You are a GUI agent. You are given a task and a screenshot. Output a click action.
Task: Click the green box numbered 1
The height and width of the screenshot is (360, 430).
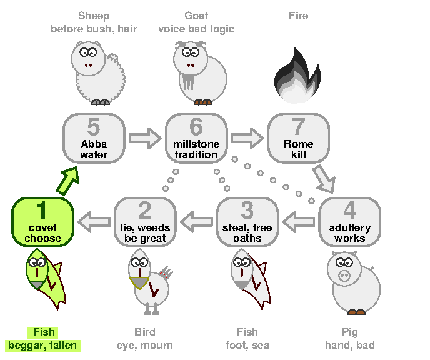42,222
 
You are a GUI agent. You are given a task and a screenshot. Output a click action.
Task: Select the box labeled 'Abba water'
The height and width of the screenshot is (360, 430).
94,139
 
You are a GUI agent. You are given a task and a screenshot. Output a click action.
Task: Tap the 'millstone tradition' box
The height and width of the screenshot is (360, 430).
196,139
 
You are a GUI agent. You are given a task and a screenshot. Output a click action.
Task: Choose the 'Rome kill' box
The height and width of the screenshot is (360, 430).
299,139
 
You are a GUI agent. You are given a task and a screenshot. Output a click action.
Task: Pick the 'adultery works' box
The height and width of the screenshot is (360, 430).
349,222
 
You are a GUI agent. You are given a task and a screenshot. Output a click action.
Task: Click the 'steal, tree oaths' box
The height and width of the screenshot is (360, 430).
247,222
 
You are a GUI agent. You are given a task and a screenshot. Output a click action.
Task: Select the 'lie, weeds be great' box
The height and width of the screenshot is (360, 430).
145,222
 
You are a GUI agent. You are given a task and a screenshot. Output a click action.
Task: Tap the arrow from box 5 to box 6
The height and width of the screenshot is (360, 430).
145,138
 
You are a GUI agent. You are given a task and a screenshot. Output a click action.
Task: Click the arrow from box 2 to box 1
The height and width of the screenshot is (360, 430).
94,222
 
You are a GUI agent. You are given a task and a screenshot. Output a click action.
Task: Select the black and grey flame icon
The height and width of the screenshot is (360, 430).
297,76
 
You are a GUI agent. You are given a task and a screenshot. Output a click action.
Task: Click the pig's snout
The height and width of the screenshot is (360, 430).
344,275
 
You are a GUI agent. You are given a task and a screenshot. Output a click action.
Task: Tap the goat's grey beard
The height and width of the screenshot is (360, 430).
188,81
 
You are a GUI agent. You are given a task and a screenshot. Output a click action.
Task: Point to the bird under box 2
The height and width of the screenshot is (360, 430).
150,282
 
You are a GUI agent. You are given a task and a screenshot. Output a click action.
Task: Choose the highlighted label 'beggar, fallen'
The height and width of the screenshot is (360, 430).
42,346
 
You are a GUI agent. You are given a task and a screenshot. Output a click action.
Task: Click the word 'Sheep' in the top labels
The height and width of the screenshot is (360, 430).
94,16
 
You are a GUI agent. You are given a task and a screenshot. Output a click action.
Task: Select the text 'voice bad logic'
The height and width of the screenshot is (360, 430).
196,29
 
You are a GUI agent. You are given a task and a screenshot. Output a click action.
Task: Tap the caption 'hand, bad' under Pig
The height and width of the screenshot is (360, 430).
350,345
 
